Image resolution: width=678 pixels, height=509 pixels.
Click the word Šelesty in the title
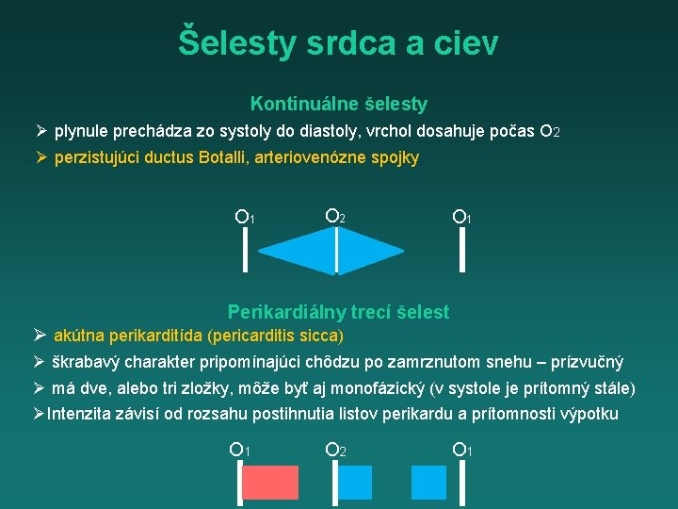point(235,42)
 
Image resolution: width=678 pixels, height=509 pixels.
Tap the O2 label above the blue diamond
point(335,217)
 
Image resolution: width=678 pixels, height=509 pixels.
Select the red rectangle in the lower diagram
point(271,483)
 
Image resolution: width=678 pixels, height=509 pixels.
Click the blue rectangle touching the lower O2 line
point(355,483)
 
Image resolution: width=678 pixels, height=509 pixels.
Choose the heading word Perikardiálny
point(286,312)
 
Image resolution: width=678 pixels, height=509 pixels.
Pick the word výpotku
point(590,414)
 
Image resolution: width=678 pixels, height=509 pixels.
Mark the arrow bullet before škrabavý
point(40,362)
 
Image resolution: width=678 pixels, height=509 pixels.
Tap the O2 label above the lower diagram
point(335,450)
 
